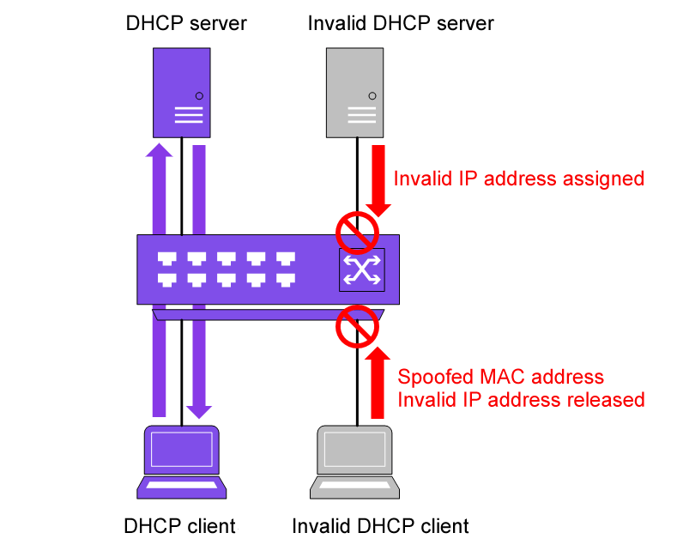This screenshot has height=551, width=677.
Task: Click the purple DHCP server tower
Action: (182, 92)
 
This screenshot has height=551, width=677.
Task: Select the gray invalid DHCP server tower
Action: (355, 92)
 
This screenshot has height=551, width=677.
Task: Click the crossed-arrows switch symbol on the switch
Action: (362, 269)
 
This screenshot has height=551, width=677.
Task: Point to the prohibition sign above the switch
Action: (356, 230)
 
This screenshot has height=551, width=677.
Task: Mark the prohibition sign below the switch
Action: (356, 326)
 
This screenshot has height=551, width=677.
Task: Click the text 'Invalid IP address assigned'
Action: (518, 179)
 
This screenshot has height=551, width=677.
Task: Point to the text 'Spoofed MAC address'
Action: (501, 378)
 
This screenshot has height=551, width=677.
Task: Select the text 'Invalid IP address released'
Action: (521, 400)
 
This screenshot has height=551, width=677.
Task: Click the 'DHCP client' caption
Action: (179, 525)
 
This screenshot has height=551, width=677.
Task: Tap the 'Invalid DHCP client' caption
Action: (381, 525)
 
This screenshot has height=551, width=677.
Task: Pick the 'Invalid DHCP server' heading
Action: (401, 23)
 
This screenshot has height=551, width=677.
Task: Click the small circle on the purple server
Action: (199, 95)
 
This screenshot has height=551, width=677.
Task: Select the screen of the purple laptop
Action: (182, 449)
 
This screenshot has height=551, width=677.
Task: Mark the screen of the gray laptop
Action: (354, 449)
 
